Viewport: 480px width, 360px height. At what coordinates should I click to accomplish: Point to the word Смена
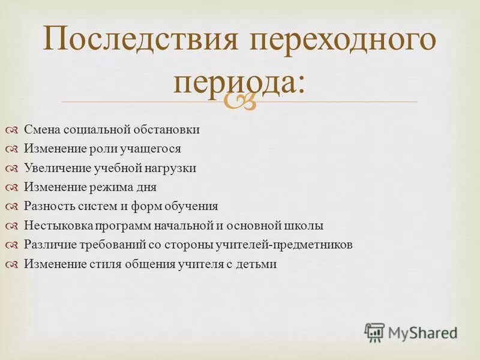pos(41,130)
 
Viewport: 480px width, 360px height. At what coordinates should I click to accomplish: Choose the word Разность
pos(49,206)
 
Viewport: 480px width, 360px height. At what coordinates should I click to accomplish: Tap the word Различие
pos(49,245)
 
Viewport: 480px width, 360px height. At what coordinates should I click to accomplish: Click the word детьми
pos(257,264)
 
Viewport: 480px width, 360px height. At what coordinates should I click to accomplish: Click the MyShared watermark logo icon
pos(375,332)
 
